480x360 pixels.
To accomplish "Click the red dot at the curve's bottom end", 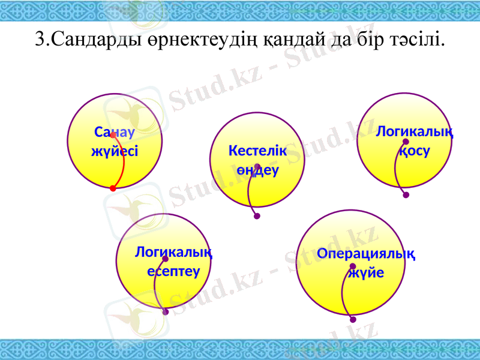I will (x=113, y=188).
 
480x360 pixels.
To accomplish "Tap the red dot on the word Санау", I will (x=113, y=136).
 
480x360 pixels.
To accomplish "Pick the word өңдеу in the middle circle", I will (x=257, y=170).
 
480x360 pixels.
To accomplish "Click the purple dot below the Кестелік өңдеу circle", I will (x=257, y=217).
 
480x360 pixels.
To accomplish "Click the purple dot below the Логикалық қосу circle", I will (x=406, y=195).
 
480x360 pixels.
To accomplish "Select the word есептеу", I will (x=173, y=270).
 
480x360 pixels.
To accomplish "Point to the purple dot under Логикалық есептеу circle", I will (x=166, y=312).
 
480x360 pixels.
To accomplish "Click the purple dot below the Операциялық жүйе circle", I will (x=353, y=319).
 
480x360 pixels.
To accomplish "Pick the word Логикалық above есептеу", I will (x=173, y=252).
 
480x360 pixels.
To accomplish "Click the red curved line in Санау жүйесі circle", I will (x=122, y=162).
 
